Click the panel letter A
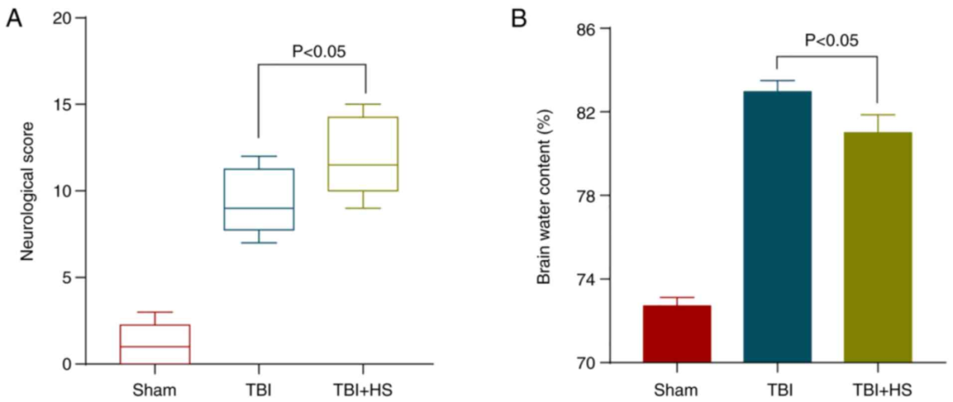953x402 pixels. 14,19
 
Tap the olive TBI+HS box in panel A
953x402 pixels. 363,154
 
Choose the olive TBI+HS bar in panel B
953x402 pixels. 877,248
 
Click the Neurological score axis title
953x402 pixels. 26,191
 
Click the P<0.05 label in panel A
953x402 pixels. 319,50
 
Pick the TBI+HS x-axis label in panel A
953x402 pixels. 363,389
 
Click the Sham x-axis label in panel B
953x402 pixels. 677,389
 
